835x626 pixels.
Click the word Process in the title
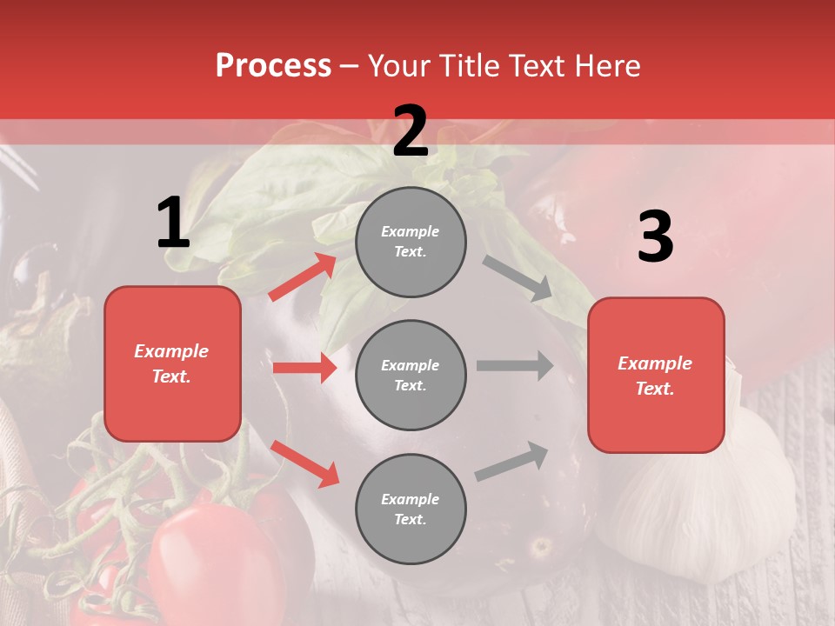click(x=273, y=66)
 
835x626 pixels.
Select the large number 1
click(x=173, y=223)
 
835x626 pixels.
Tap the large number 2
click(x=411, y=131)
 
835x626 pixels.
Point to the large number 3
click(x=655, y=236)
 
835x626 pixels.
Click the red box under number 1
click(x=172, y=363)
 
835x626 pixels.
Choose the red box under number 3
click(x=656, y=376)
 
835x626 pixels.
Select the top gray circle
click(x=411, y=242)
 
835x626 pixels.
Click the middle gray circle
click(x=411, y=375)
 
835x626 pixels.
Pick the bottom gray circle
click(x=411, y=509)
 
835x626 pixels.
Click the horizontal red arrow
click(x=304, y=368)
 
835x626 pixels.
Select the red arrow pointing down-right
click(x=304, y=463)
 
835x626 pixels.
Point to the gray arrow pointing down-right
click(x=518, y=278)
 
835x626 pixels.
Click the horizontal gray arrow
click(x=515, y=365)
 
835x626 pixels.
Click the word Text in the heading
click(x=535, y=66)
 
